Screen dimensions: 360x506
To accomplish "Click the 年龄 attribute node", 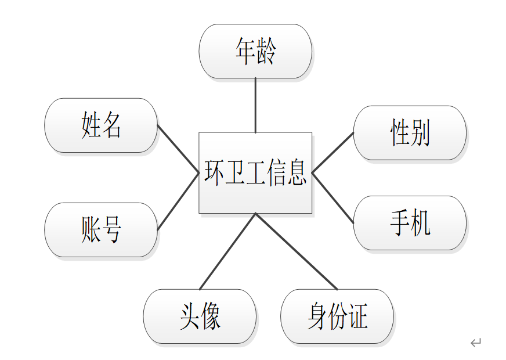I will (255, 51).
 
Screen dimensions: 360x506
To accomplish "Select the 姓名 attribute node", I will (101, 125).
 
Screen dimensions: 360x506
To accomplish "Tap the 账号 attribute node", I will (101, 230).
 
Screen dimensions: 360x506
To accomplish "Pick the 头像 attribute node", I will (200, 317).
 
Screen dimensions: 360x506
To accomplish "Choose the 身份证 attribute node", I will (337, 317).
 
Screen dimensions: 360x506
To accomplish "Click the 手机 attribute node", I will (410, 223).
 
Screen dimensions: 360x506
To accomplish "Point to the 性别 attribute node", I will (410, 133).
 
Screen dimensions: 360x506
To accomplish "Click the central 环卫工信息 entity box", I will (255, 172).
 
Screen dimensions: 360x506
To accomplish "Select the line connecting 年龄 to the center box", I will (255, 105).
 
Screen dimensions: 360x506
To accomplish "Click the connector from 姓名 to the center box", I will (178, 149).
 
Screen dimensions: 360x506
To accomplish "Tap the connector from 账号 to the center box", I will (178, 201).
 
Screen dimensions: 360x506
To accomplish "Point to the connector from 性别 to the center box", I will (332, 152).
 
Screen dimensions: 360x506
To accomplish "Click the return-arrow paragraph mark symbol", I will (476, 343).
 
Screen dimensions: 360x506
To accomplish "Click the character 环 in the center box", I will (214, 172).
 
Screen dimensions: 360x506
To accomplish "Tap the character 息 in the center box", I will (297, 172).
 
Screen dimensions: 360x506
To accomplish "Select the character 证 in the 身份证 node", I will (359, 317).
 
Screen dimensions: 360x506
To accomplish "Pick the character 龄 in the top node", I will (266, 51).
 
